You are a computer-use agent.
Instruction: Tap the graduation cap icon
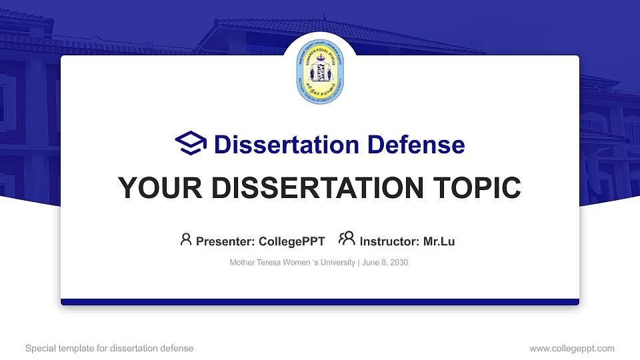(x=191, y=143)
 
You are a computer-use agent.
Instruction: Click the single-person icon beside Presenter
(x=186, y=239)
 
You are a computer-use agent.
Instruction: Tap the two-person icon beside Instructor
(x=347, y=239)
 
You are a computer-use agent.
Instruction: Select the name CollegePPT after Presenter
(x=292, y=241)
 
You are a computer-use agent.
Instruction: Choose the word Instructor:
(x=389, y=241)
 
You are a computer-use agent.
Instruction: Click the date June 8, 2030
(x=385, y=263)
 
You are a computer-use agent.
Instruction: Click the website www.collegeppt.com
(x=572, y=348)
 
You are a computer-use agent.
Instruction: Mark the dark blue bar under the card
(x=320, y=302)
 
